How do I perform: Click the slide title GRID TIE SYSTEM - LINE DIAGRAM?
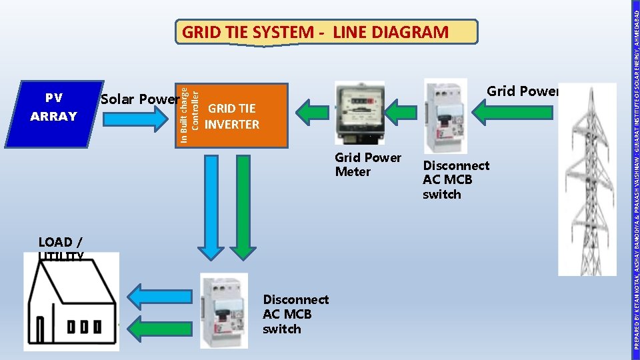[315, 32]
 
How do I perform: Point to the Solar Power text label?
[139, 99]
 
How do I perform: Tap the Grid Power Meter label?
[367, 165]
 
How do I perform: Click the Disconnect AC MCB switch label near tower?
[455, 180]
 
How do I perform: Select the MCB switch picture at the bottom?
[223, 310]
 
